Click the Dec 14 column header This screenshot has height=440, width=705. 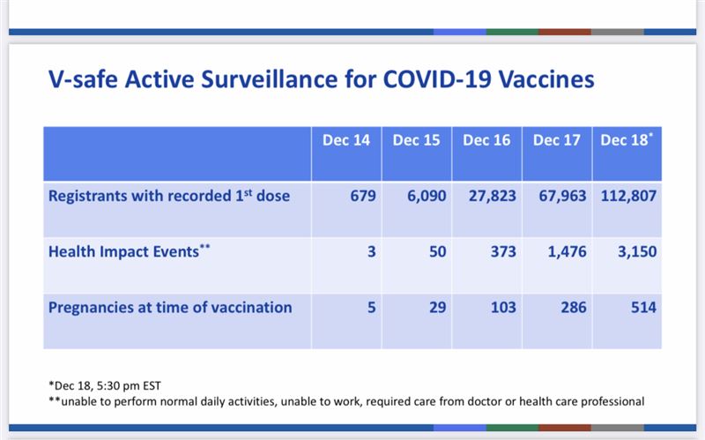click(x=346, y=140)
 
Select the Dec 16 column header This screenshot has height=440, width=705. click(x=486, y=140)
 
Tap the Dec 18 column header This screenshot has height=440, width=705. click(x=627, y=140)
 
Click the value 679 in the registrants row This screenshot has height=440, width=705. click(x=363, y=196)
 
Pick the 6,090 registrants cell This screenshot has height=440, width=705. click(x=427, y=196)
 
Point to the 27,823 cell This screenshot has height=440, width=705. click(x=493, y=196)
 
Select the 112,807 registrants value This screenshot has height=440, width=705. click(x=628, y=196)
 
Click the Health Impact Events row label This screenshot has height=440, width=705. click(x=129, y=251)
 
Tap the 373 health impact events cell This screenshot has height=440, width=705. click(x=503, y=252)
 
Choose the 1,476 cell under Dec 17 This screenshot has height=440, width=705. click(x=567, y=252)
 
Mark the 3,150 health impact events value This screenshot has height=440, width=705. click(x=637, y=252)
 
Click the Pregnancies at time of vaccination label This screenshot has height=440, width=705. click(x=170, y=308)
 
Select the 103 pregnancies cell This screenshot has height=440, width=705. click(x=503, y=308)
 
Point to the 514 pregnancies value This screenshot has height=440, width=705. click(x=643, y=308)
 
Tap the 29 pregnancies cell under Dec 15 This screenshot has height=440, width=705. click(x=437, y=308)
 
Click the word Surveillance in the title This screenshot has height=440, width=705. click(x=269, y=78)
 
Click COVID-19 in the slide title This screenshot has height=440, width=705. click(x=436, y=78)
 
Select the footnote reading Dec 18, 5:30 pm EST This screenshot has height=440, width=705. click(x=104, y=386)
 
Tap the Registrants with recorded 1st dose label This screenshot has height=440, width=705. click(x=169, y=196)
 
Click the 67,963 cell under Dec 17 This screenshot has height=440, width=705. click(x=562, y=196)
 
